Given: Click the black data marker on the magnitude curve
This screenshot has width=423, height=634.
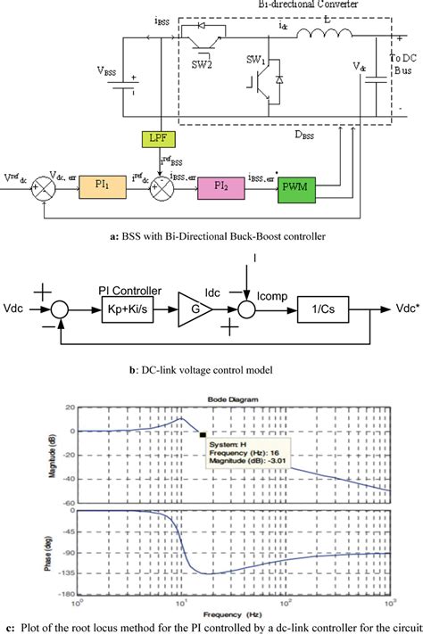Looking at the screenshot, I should tap(202, 433).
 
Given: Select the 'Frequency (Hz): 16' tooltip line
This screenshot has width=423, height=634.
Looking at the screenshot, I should tap(240, 453).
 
